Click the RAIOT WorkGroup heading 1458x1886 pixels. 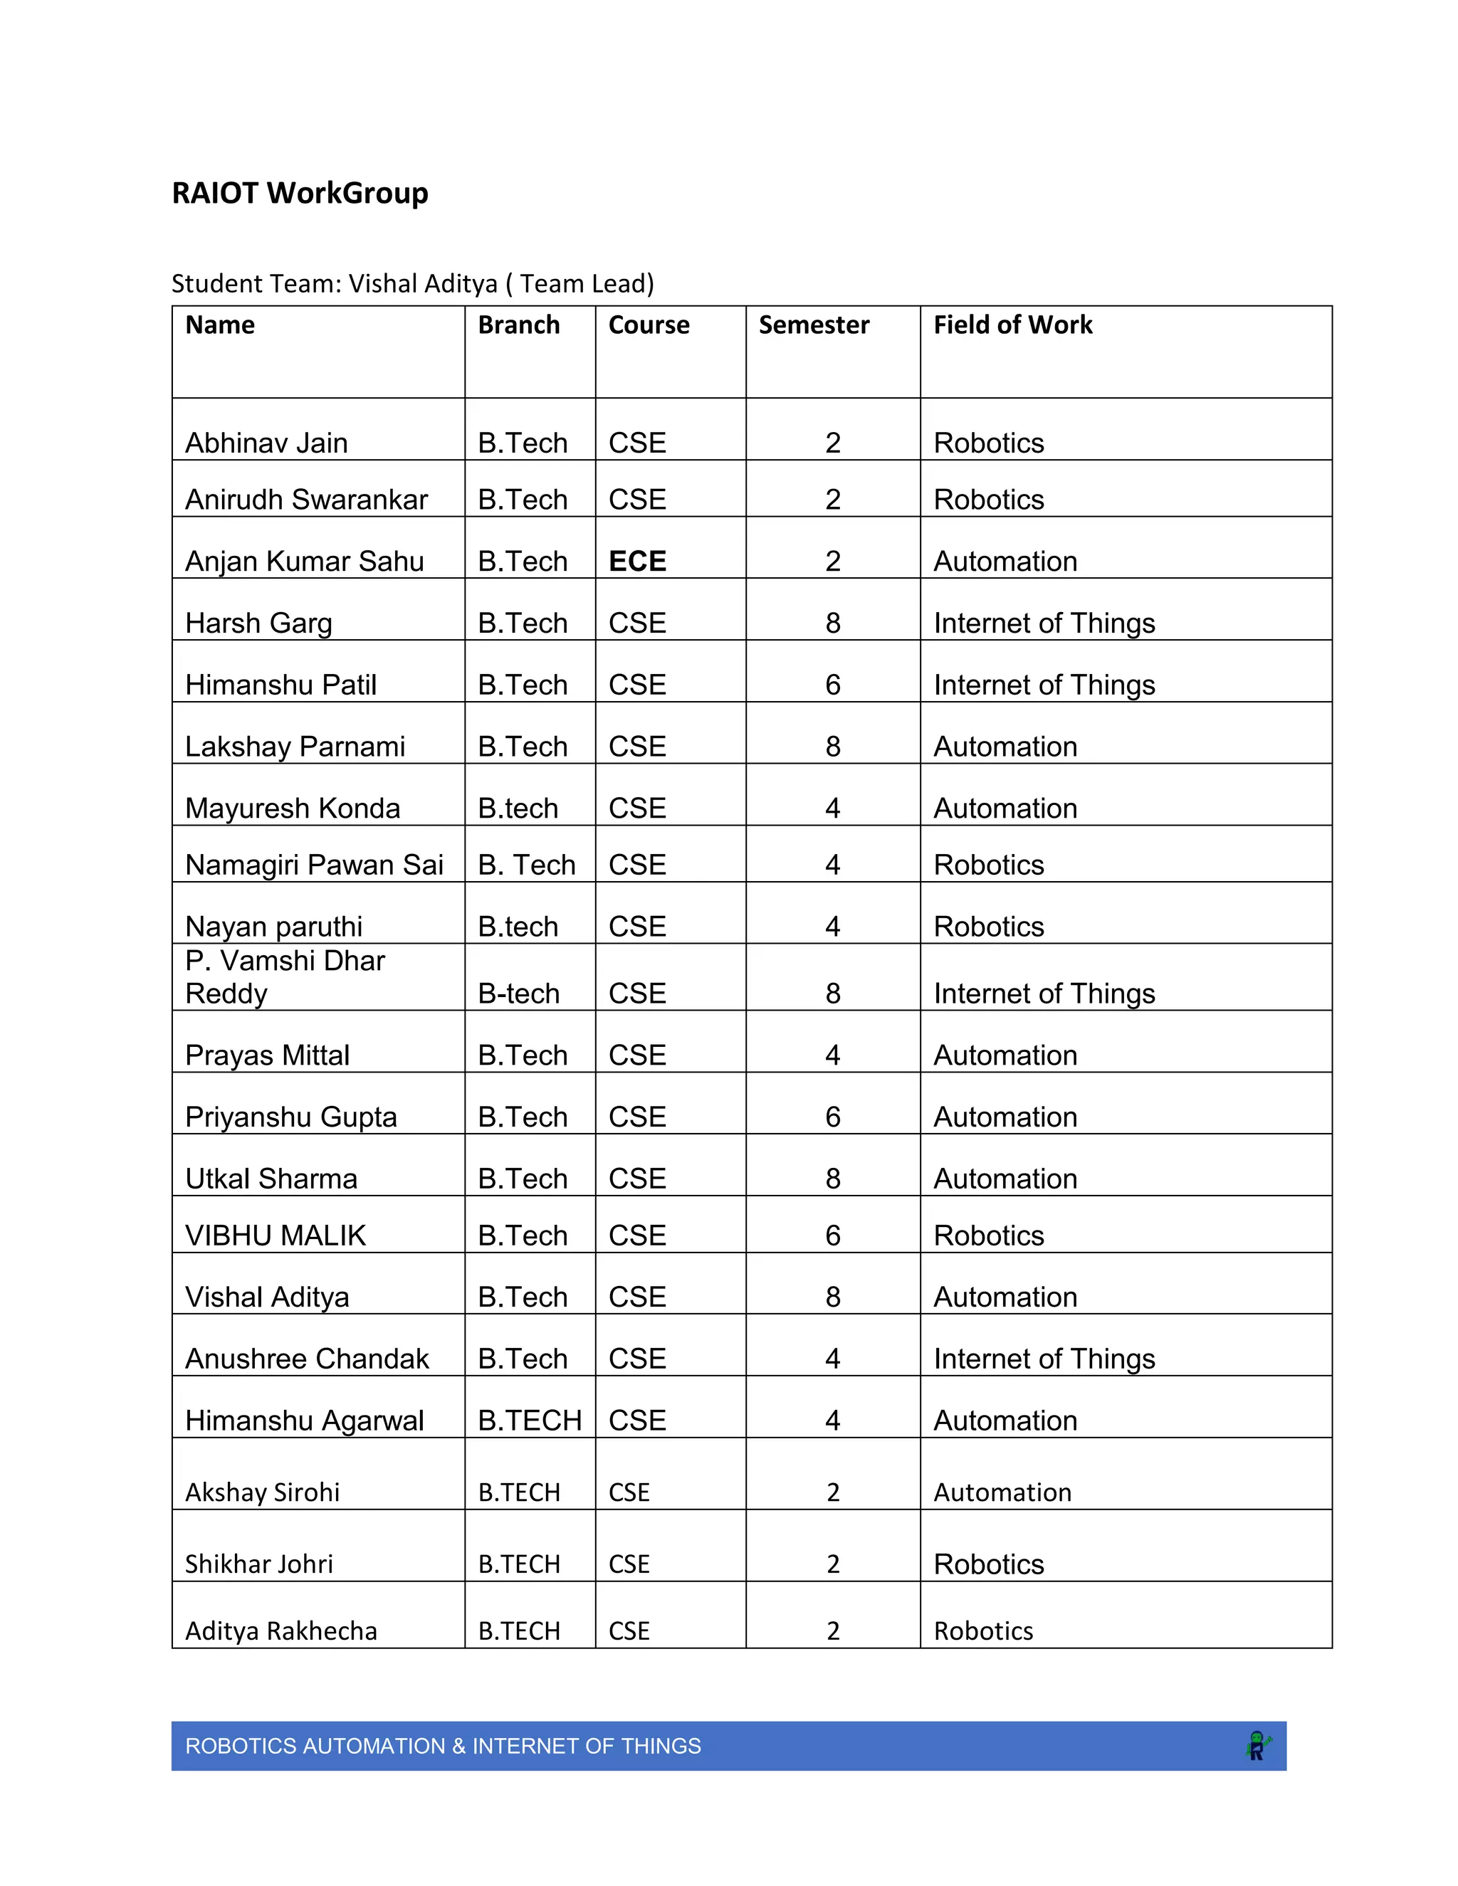(x=300, y=193)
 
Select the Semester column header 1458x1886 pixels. (x=814, y=325)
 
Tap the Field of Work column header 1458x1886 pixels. (x=1012, y=325)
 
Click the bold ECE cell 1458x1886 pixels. (x=637, y=562)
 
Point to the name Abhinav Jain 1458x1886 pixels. (x=266, y=443)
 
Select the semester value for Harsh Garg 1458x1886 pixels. (x=833, y=623)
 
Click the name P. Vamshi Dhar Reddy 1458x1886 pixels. (x=285, y=976)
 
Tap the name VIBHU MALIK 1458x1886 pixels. (x=276, y=1236)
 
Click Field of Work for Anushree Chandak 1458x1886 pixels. (x=1044, y=1359)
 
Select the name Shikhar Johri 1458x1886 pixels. (x=258, y=1564)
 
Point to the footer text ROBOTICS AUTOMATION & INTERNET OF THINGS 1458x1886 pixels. (x=443, y=1746)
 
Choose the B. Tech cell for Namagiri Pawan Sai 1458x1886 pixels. (x=526, y=865)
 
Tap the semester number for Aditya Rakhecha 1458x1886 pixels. (x=833, y=1631)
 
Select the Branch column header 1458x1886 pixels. (x=518, y=325)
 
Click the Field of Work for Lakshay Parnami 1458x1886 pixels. (x=1005, y=747)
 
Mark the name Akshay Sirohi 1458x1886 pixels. (x=262, y=1492)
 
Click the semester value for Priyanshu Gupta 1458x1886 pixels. (x=833, y=1117)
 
